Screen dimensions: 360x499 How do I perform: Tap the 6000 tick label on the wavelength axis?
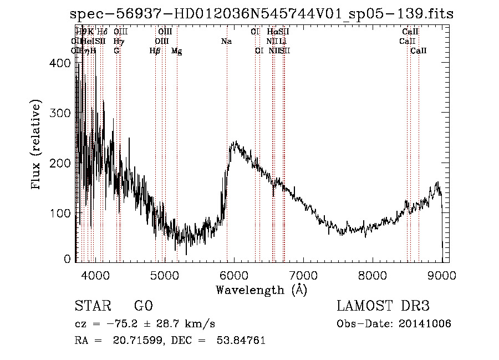(233, 275)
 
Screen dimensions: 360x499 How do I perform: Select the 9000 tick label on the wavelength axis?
(442, 275)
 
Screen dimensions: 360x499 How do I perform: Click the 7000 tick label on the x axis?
(303, 275)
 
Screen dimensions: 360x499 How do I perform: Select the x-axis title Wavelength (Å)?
(261, 290)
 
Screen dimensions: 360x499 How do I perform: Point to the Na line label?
(226, 42)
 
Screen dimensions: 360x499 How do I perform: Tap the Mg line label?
(177, 51)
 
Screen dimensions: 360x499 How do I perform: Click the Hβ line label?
(155, 51)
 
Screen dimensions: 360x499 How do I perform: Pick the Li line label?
(283, 42)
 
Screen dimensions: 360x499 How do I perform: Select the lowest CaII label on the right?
(419, 51)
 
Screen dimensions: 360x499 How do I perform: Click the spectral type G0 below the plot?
(143, 306)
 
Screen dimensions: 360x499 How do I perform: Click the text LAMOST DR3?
(383, 306)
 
